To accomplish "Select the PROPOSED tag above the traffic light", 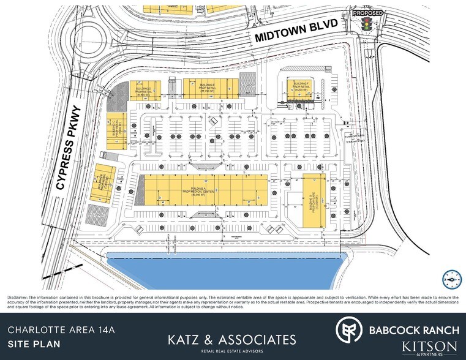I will coord(368,13).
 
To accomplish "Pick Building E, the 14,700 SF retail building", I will coord(207,89).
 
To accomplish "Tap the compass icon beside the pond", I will coord(450,277).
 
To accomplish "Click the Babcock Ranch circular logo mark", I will coord(348,329).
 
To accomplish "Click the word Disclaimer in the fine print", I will coord(18,297).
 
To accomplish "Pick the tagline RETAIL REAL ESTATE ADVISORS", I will coord(233,352).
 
